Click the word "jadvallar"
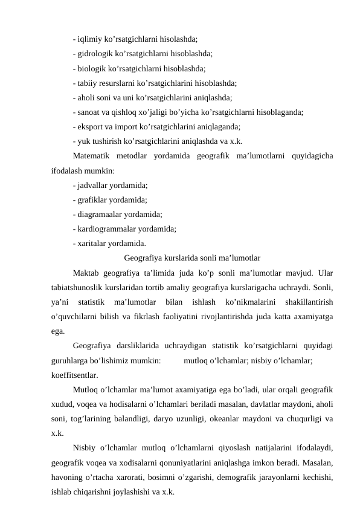[x=91, y=185]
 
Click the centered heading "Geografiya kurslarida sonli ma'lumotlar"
[x=191, y=259]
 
